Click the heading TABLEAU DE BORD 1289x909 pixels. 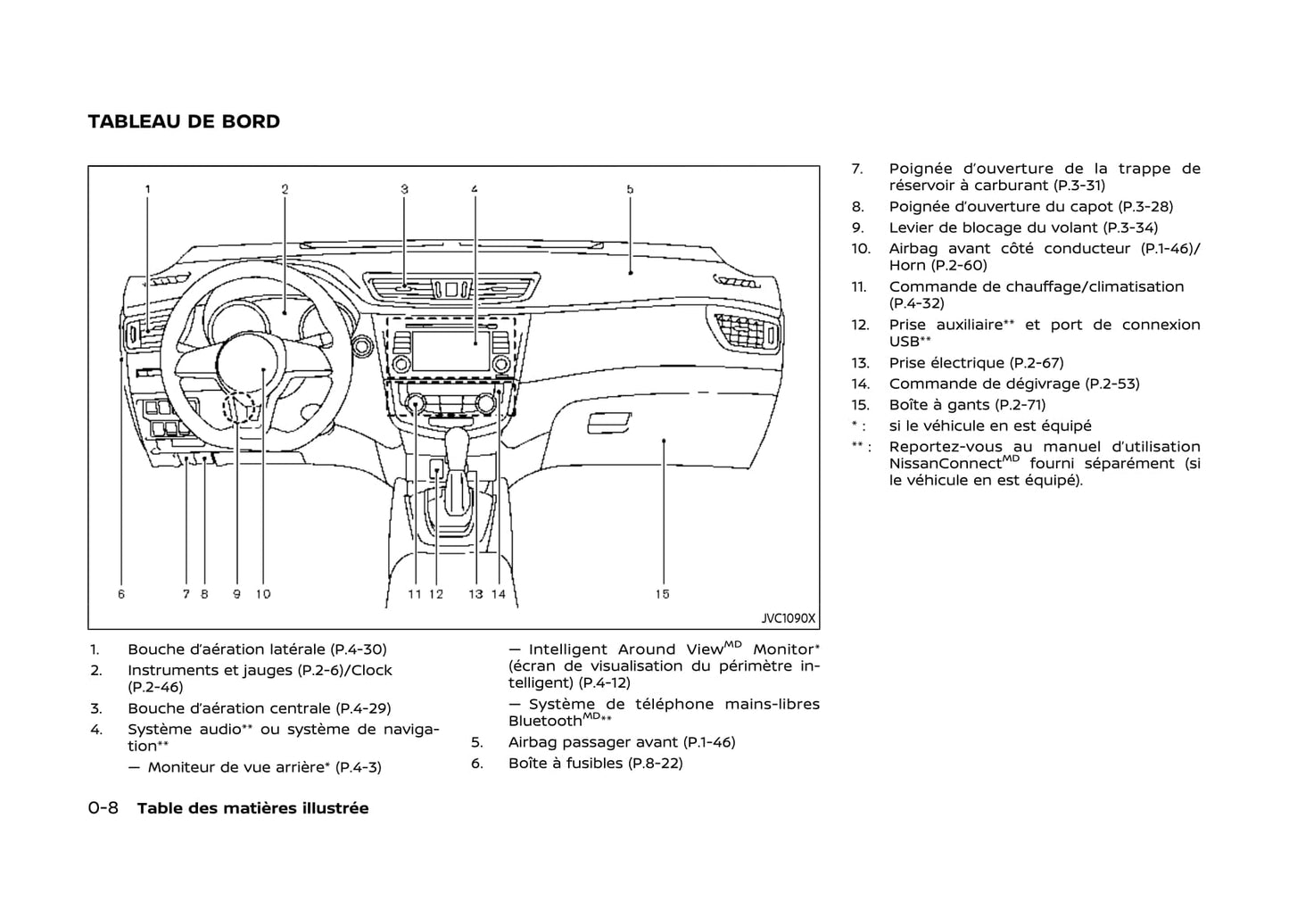point(184,121)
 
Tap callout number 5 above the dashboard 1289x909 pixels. point(630,189)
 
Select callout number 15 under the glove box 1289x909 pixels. point(662,593)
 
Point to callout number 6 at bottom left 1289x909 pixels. point(121,593)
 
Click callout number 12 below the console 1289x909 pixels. point(436,593)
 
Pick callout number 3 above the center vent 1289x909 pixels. point(404,189)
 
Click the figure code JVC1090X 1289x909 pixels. point(788,617)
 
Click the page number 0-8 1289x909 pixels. point(103,808)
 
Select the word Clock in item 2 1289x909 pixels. point(371,670)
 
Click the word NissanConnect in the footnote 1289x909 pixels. point(946,464)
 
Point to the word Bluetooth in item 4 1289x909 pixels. point(544,721)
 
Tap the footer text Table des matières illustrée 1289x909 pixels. point(252,808)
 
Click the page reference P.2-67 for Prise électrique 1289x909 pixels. point(1037,362)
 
